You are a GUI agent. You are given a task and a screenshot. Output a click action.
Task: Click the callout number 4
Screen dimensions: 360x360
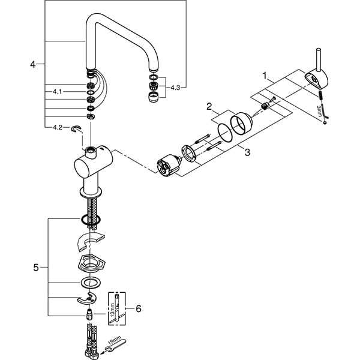[x=33, y=65]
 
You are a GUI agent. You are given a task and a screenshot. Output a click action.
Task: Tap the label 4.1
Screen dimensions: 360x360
[x=58, y=92]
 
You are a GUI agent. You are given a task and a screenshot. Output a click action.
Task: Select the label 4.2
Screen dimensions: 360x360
[x=58, y=127]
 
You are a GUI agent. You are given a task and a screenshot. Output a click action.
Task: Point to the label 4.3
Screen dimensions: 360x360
[x=175, y=88]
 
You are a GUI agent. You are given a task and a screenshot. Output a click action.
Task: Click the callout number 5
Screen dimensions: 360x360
[x=36, y=268]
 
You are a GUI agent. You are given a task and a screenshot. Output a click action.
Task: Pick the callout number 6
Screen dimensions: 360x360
[x=139, y=308]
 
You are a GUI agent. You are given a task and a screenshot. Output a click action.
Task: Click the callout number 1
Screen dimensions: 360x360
[x=265, y=76]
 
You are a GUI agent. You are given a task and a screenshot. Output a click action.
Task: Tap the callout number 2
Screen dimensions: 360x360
[x=209, y=107]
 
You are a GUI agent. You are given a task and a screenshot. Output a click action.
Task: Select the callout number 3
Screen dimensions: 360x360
[x=247, y=152]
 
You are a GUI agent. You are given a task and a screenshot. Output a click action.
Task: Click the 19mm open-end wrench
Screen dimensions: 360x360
[x=114, y=345]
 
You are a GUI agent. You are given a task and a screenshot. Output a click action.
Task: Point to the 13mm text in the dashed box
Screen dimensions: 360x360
[x=112, y=310]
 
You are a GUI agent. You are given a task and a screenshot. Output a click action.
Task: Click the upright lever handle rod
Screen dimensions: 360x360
[x=319, y=60]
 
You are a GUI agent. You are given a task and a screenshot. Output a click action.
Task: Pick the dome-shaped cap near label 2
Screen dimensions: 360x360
[x=242, y=123]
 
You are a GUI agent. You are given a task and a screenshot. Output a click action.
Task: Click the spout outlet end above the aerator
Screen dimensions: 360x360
[x=154, y=69]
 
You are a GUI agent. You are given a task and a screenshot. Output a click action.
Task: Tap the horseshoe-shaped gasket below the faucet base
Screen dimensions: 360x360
[x=89, y=242]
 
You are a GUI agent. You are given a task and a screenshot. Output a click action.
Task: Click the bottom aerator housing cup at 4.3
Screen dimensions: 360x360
[x=154, y=97]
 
